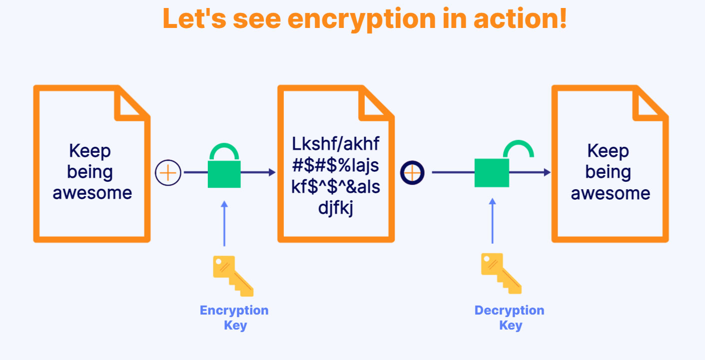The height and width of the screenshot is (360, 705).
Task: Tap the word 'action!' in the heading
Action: click(520, 18)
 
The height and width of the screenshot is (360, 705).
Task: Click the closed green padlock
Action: click(224, 166)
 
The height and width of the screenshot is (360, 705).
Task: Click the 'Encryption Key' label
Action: click(234, 318)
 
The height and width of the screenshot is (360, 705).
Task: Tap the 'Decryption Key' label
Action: click(510, 318)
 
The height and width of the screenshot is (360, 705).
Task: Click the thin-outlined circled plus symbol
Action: click(168, 173)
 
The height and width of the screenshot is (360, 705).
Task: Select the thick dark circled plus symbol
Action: click(412, 173)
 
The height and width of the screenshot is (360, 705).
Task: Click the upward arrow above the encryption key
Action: click(224, 224)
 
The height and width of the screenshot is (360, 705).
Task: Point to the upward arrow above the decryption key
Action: click(493, 221)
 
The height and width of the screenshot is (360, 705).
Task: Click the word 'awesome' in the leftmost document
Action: click(92, 193)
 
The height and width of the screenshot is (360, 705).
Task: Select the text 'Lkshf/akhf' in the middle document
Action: click(335, 144)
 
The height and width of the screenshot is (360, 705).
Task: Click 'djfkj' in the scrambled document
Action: click(335, 208)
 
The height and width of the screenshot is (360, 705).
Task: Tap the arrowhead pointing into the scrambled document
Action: click(272, 172)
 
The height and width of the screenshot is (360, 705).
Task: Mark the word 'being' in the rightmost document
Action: click(608, 173)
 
